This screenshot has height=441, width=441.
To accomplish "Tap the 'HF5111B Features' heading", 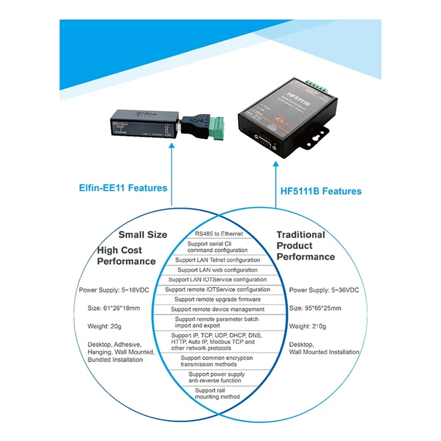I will pos(319,191).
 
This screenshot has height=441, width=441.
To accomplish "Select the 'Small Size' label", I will pos(142,234).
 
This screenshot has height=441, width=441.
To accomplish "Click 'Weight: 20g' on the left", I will pos(102,326).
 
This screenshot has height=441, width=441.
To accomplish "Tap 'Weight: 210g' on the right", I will pos(308,326).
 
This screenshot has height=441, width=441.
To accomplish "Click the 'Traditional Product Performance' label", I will pos(305,245).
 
